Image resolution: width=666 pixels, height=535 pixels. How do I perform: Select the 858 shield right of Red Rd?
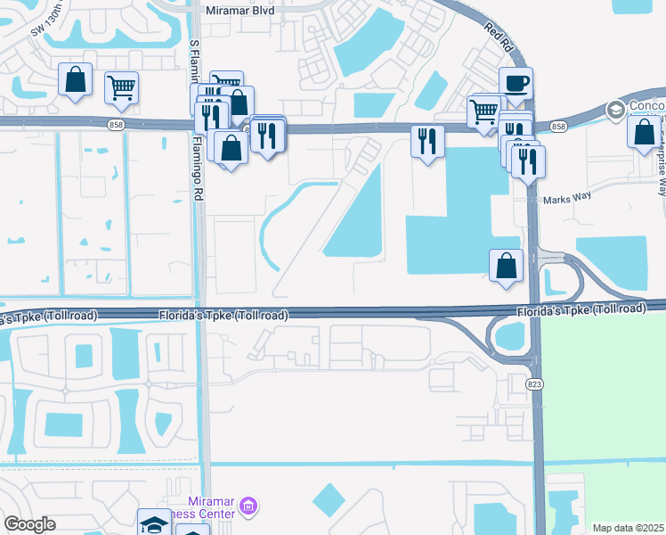coord(558,127)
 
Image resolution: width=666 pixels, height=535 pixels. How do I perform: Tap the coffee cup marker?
coord(516,85)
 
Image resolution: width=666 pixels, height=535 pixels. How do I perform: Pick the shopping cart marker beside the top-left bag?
coord(121,87)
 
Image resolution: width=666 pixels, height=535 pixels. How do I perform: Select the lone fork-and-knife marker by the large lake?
coord(427,140)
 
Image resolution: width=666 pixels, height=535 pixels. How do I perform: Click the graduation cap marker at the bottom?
coord(153,523)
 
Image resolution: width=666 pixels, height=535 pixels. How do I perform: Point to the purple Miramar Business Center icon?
coord(249,507)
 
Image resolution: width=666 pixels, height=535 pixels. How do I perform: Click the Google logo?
coord(29,524)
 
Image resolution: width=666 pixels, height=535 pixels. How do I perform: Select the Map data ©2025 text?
coord(629,528)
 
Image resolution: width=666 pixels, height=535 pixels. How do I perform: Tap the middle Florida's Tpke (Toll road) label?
coord(223,315)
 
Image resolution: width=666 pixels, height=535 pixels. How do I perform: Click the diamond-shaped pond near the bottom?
coord(329,500)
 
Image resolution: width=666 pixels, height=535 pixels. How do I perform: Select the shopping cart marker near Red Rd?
coord(483,111)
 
